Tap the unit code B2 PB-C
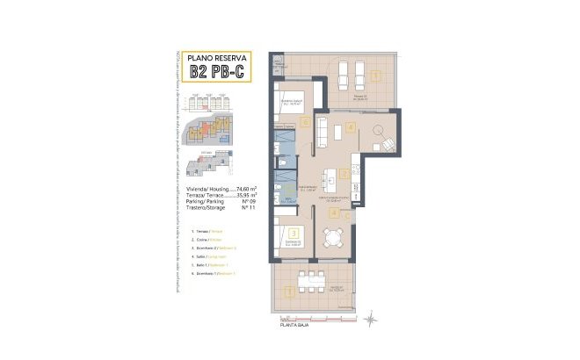click(210, 73)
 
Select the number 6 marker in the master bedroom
click(304, 122)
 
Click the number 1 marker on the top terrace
click(376, 76)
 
